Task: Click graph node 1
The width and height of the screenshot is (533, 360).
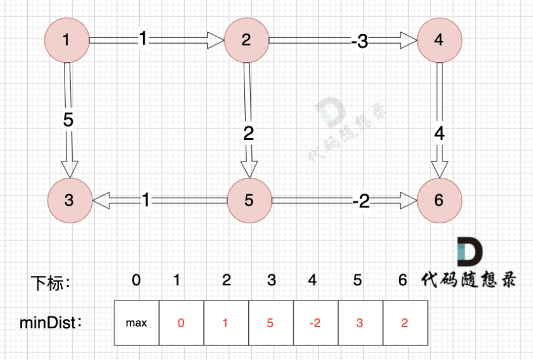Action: [x=66, y=40]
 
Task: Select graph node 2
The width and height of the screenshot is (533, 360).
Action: [x=246, y=40]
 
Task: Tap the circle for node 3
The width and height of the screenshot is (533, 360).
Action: [x=69, y=201]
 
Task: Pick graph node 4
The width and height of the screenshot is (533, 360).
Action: [x=439, y=40]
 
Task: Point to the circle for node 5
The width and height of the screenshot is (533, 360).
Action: [x=249, y=201]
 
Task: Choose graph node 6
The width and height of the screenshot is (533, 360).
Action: [x=439, y=201]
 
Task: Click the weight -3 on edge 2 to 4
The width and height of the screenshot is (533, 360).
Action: [x=359, y=42]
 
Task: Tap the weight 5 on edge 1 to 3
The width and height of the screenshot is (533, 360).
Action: [x=68, y=120]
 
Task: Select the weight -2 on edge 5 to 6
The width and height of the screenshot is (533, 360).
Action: [x=361, y=201]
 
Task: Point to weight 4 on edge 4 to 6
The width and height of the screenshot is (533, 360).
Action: [x=439, y=134]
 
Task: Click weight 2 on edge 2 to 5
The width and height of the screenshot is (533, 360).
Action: [x=248, y=133]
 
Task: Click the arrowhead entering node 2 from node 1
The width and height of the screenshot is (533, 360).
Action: [x=217, y=40]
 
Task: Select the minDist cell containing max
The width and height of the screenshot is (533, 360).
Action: [x=136, y=323]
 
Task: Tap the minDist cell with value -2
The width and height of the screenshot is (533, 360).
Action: [x=316, y=323]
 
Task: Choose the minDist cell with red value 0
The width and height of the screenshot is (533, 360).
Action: [x=181, y=323]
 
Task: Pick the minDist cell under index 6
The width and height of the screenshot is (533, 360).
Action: [x=405, y=323]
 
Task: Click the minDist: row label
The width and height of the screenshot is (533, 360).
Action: [x=51, y=323]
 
